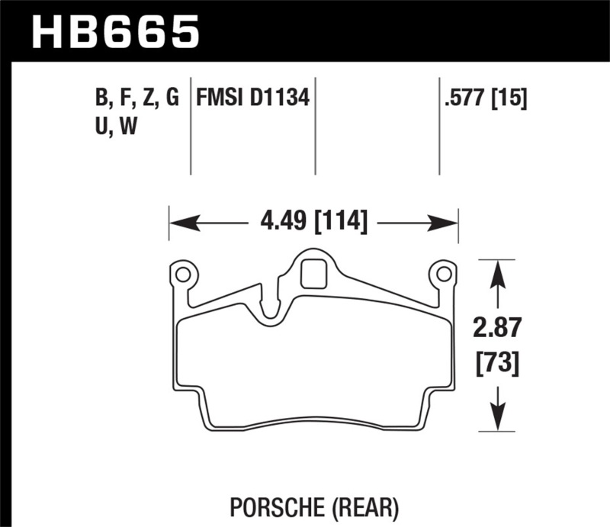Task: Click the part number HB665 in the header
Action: [x=114, y=31]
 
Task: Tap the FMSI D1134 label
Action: [x=253, y=98]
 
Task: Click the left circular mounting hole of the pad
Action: [x=182, y=273]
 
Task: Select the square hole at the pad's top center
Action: [x=313, y=274]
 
